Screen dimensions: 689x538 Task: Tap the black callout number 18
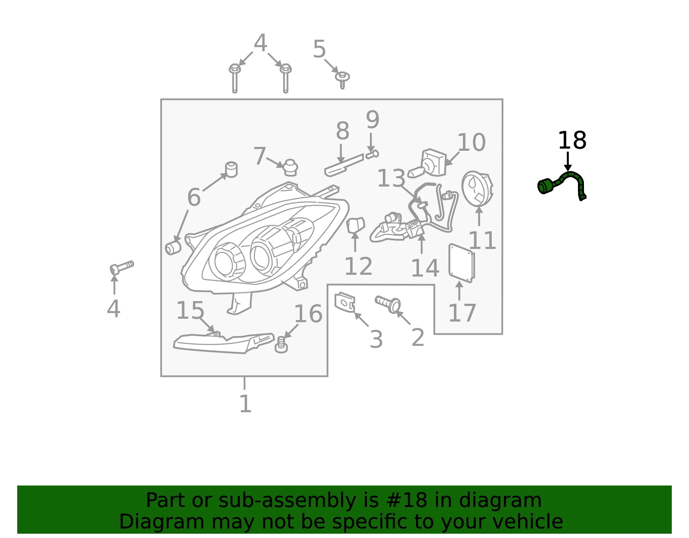[572, 140]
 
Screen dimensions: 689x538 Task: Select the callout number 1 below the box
[245, 404]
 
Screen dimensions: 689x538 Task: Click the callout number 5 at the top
[319, 49]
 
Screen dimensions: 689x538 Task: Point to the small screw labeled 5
[342, 80]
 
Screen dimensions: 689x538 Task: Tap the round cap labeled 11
[477, 189]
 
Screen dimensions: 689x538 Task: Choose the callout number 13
[391, 178]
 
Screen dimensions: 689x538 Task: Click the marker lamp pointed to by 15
[223, 343]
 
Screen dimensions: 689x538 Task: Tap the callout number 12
[358, 266]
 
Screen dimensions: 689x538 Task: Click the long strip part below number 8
[344, 165]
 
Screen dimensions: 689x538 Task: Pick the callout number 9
[372, 119]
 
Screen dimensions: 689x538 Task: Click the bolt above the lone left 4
[122, 267]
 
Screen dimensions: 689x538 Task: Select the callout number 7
[260, 155]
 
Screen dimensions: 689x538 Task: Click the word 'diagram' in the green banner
[500, 500]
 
